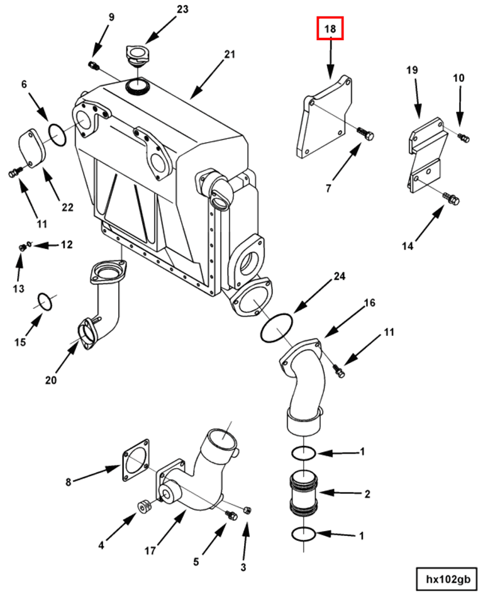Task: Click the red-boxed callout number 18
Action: (x=330, y=29)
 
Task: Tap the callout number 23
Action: (x=182, y=9)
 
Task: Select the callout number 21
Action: (x=229, y=55)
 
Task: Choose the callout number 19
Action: (x=412, y=70)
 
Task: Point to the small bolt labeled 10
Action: (x=464, y=137)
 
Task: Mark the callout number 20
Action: (x=50, y=379)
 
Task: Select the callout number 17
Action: (x=150, y=551)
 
